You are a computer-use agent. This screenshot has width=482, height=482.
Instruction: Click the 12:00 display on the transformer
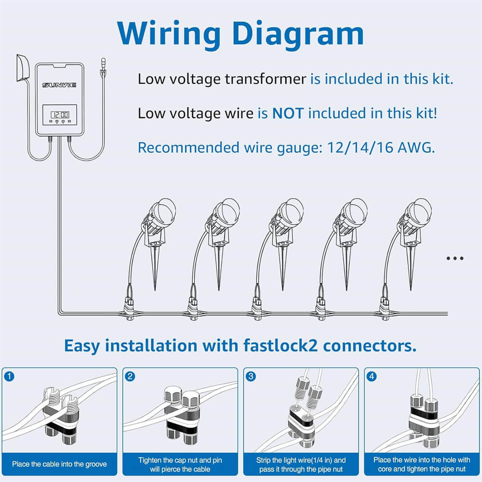tap(59, 115)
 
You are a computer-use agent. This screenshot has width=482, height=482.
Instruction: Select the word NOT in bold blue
tap(288, 113)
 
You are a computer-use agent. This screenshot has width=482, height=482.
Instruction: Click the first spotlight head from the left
tap(162, 213)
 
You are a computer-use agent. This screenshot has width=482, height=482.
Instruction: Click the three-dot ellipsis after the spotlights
tap(455, 258)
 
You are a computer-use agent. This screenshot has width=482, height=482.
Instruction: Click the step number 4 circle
tap(372, 376)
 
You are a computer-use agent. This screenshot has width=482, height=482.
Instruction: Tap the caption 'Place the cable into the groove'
tap(59, 464)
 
